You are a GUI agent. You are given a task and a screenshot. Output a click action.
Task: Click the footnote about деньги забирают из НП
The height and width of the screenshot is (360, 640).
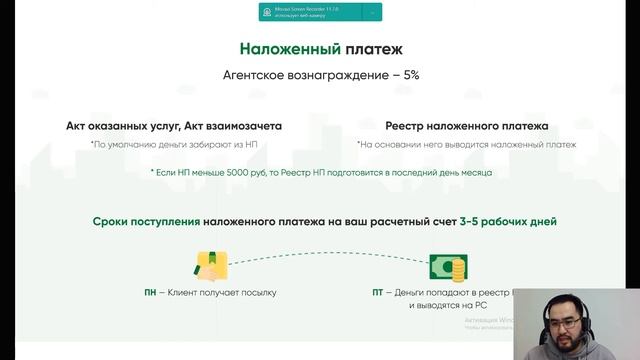[x=174, y=145]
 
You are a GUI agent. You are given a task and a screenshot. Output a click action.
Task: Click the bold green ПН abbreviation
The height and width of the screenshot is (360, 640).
[x=151, y=293]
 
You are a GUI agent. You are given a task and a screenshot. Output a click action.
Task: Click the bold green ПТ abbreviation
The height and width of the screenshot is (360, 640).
[x=378, y=293]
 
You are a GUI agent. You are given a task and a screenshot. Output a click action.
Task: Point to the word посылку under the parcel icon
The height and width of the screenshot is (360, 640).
[x=256, y=293]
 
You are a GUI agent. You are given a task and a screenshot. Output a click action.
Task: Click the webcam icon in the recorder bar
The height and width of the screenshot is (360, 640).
[x=267, y=12]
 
